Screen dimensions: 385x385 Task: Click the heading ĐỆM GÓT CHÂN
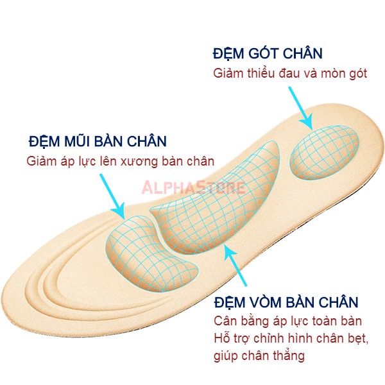(x=268, y=53)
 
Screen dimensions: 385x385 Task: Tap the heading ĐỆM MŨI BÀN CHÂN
(x=98, y=141)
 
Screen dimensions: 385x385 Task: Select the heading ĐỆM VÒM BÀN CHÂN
(x=286, y=302)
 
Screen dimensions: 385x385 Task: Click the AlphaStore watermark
(x=194, y=187)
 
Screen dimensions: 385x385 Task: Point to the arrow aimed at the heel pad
(x=300, y=108)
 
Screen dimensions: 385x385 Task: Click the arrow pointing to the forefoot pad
(x=112, y=196)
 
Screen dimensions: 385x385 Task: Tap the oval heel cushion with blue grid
(x=324, y=152)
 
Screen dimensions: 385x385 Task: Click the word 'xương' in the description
(x=140, y=162)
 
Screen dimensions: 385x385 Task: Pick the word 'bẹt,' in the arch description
(x=358, y=338)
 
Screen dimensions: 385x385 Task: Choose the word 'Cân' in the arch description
(x=223, y=321)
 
